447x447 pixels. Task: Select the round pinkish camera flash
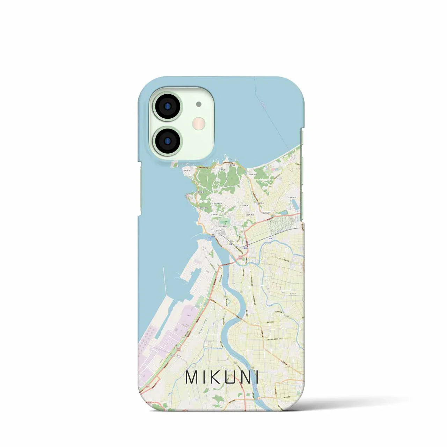[x=199, y=123]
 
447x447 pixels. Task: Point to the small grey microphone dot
[x=199, y=104]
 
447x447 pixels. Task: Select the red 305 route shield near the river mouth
[x=241, y=257]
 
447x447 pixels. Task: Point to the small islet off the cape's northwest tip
[x=174, y=163]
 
